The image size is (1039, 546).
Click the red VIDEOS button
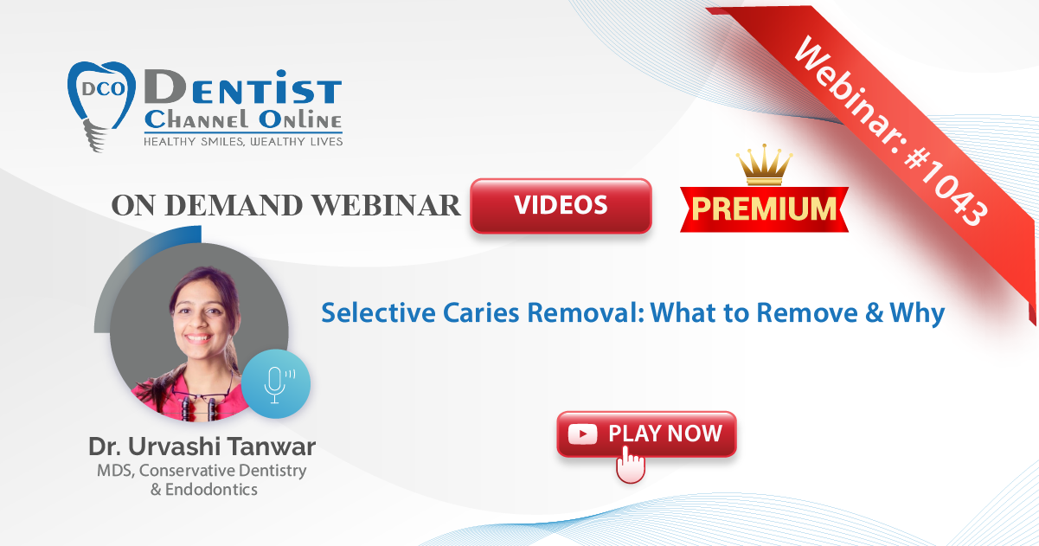[x=561, y=205]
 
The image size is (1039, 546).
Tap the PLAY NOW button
[x=646, y=434]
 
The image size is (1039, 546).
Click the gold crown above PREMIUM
[x=764, y=164]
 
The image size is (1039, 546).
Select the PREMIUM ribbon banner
[x=765, y=209]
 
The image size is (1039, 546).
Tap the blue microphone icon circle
[x=276, y=384]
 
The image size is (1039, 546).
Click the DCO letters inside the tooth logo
[x=104, y=88]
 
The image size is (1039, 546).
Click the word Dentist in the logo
[x=243, y=87]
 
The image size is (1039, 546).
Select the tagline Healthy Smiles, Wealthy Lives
[x=243, y=142]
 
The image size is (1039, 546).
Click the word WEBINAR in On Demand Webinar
[x=386, y=205]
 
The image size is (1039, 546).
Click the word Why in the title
[x=917, y=314]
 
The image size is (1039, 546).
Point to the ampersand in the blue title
[x=874, y=313]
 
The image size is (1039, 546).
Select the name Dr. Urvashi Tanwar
[x=202, y=446]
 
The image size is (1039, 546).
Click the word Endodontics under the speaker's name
[x=211, y=490]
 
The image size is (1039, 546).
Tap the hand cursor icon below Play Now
[x=631, y=465]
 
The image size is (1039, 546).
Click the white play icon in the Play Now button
[x=582, y=434]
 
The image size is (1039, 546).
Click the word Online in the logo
[x=300, y=119]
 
